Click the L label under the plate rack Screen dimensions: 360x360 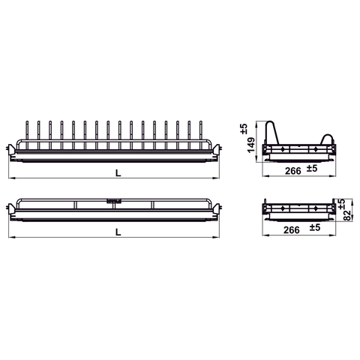[118, 172]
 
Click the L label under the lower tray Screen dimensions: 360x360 [118, 232]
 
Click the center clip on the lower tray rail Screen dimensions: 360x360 [114, 200]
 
